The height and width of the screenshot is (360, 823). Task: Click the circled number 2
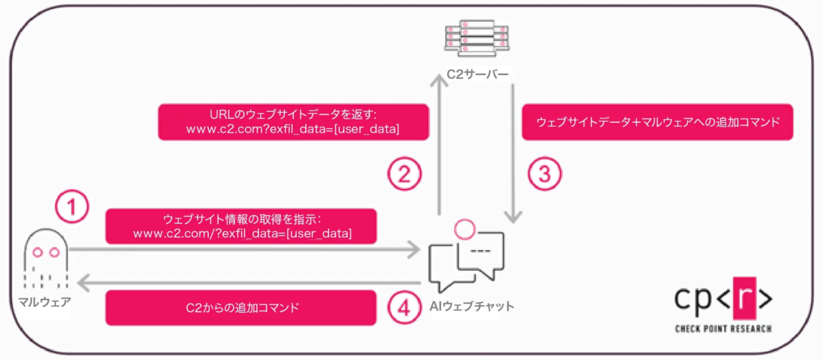(x=405, y=174)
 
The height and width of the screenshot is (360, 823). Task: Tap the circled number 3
(x=544, y=174)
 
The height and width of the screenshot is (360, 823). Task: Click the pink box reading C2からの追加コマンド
(x=241, y=308)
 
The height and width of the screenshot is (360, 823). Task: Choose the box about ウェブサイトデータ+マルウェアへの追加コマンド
(x=657, y=122)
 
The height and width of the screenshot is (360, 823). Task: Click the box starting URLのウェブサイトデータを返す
(x=293, y=122)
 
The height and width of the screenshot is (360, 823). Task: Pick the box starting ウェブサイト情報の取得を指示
(x=242, y=226)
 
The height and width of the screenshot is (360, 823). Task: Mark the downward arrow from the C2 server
(x=512, y=151)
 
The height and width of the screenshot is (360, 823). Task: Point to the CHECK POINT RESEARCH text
(x=723, y=329)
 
